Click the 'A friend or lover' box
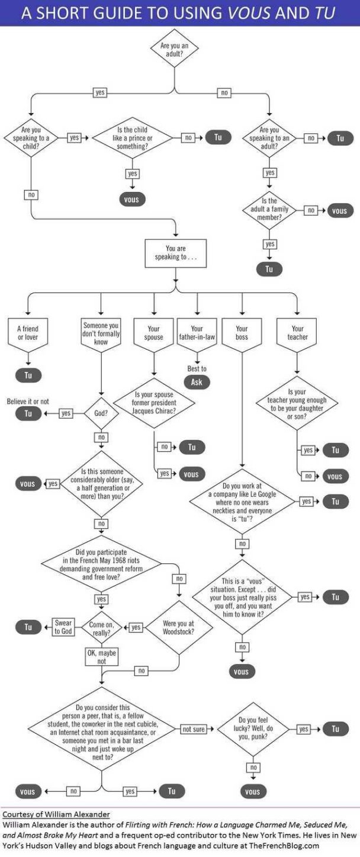(28, 333)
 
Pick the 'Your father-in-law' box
(197, 333)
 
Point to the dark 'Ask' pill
(197, 382)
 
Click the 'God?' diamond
(101, 413)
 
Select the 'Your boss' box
(242, 333)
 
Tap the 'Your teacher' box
(297, 333)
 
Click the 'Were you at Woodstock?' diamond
(178, 627)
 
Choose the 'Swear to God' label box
(63, 627)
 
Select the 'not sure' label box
(194, 729)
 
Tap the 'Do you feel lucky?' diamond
(253, 728)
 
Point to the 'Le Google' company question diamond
(242, 502)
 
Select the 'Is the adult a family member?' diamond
(269, 211)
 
